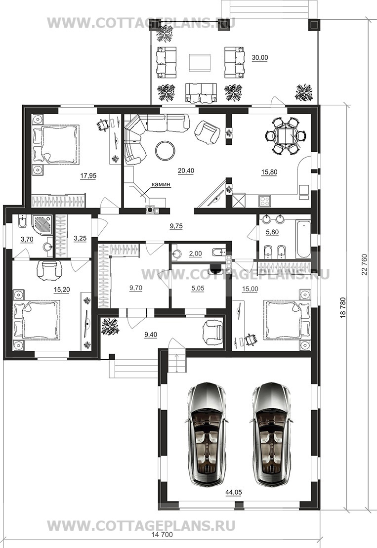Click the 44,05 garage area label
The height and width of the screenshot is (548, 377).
tap(234, 492)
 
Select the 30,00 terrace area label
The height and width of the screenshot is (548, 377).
tap(259, 58)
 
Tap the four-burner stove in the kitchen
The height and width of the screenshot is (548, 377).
tap(264, 201)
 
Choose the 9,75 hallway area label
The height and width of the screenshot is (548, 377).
tap(176, 226)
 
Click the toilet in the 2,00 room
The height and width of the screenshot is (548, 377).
tap(219, 252)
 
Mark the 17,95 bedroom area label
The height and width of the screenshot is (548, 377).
tap(88, 176)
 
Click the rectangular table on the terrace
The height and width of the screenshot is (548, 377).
tap(200, 62)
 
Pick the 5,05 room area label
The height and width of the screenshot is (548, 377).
tap(198, 288)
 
